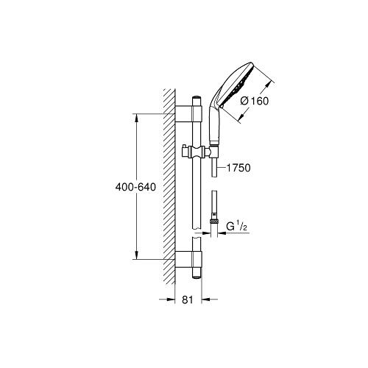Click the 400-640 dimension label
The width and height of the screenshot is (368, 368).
coord(135,187)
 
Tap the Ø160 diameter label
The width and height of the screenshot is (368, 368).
coord(255,101)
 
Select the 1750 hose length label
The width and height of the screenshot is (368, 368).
coord(238,168)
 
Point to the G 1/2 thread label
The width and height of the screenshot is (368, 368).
coord(236,227)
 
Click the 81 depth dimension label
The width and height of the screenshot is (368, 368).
coord(188,300)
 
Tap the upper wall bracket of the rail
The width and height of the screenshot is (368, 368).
coord(188,113)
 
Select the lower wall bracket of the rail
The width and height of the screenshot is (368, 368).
coord(188,259)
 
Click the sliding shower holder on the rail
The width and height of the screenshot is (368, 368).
coord(198,152)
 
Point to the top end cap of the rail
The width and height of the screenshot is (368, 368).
coord(197,97)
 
